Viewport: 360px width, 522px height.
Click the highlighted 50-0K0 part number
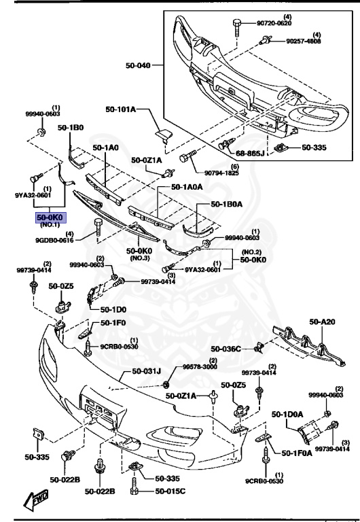(x=50, y=218)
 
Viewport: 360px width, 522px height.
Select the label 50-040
(x=139, y=66)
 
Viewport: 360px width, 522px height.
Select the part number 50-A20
(x=323, y=322)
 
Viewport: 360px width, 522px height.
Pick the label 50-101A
(x=121, y=109)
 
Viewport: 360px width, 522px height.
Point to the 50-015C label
(x=170, y=491)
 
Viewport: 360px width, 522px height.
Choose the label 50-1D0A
(x=288, y=414)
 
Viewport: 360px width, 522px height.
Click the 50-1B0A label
(x=228, y=203)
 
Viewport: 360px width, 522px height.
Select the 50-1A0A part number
(x=187, y=187)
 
